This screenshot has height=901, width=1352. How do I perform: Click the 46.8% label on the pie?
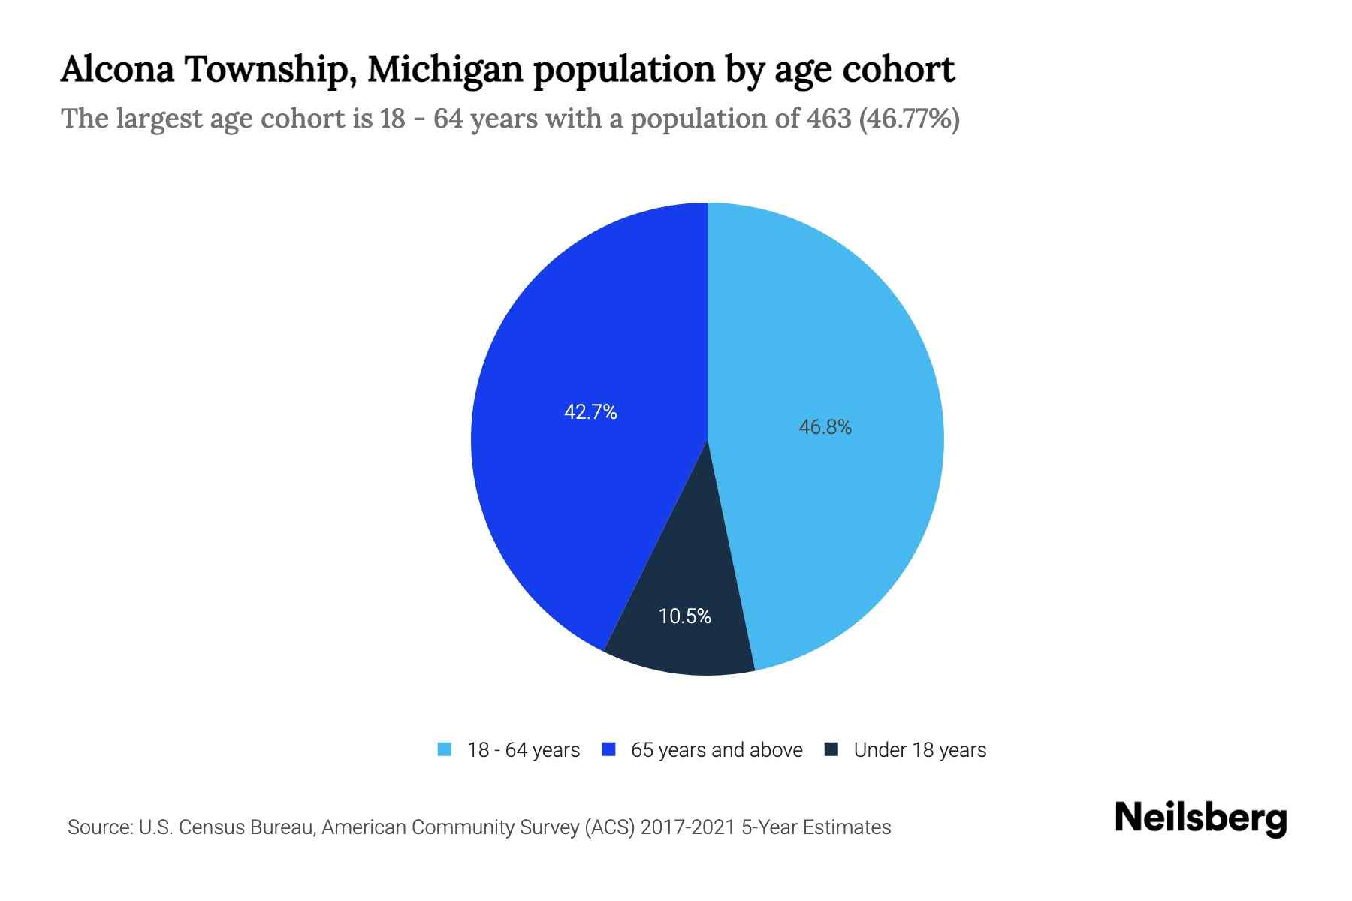[x=825, y=428]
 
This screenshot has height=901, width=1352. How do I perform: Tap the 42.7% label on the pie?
[x=590, y=412]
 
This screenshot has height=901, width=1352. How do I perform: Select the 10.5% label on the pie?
[x=684, y=616]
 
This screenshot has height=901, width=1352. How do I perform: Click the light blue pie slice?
[x=841, y=338]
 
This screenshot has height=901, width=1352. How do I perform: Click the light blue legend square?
[x=445, y=749]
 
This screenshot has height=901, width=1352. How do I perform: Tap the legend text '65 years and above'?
[x=717, y=750]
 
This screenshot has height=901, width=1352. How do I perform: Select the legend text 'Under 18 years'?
[x=919, y=750]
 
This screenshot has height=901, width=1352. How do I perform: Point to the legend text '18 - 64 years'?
[x=524, y=750]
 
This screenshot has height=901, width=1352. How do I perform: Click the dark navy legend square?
[x=831, y=749]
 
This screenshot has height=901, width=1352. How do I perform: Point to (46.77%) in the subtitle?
[x=909, y=119]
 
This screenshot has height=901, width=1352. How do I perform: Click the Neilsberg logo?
[x=1200, y=818]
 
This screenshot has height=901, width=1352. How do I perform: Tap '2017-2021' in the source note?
[x=688, y=827]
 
